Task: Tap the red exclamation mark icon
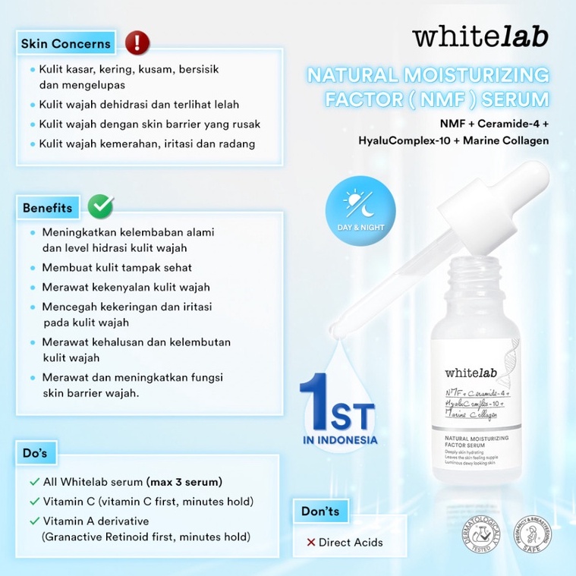[x=137, y=41]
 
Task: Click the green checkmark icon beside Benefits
[x=101, y=206]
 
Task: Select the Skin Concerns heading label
[x=65, y=43]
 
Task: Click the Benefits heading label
[x=48, y=207]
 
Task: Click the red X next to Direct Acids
[x=311, y=542]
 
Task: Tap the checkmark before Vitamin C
[x=34, y=501]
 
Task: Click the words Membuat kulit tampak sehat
[x=117, y=267]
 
